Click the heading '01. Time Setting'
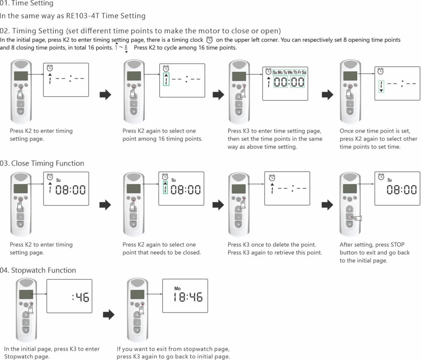[27, 4]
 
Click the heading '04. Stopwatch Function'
[38, 270]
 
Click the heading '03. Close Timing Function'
[42, 163]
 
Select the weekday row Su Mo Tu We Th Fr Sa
[289, 72]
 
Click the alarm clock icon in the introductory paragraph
[210, 40]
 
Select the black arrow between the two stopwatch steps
[108, 315]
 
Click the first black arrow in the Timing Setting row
[106, 95]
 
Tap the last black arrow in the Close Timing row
[327, 205]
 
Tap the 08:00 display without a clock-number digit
[402, 190]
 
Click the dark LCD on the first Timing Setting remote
[21, 76]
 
